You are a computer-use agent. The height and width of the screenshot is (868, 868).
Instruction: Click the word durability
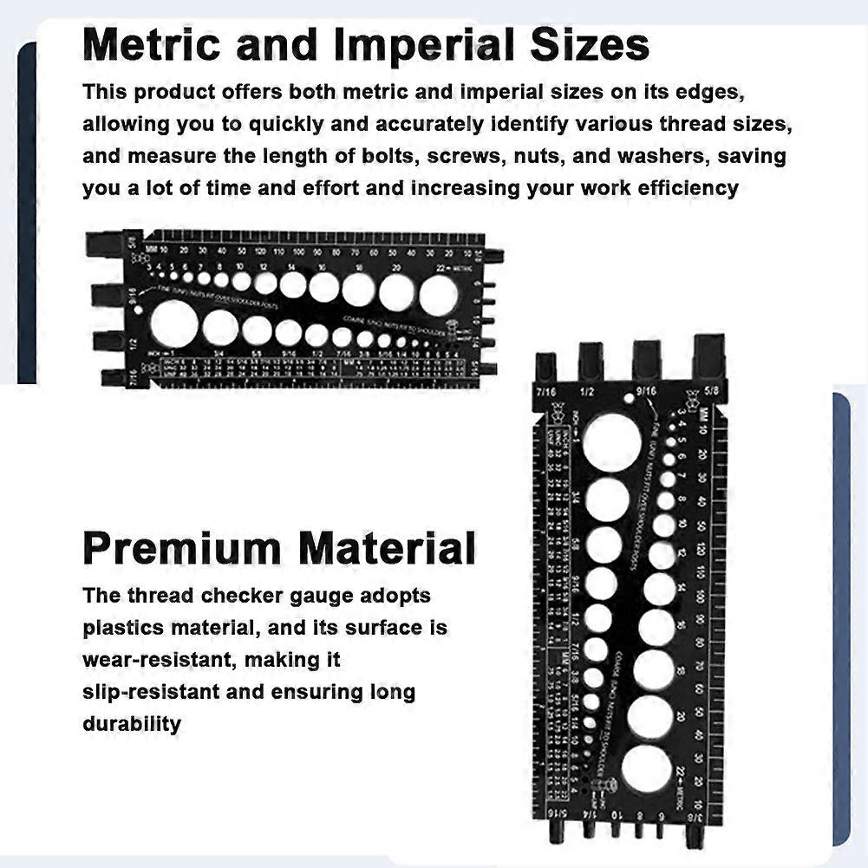[x=132, y=723]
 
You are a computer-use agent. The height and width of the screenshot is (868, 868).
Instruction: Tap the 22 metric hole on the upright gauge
[x=646, y=767]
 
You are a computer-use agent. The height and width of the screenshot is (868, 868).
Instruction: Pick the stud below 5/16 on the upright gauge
[x=551, y=830]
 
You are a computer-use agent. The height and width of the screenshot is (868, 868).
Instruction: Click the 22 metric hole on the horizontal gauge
[x=438, y=295]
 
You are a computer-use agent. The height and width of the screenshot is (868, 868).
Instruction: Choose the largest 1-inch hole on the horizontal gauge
[x=173, y=323]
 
